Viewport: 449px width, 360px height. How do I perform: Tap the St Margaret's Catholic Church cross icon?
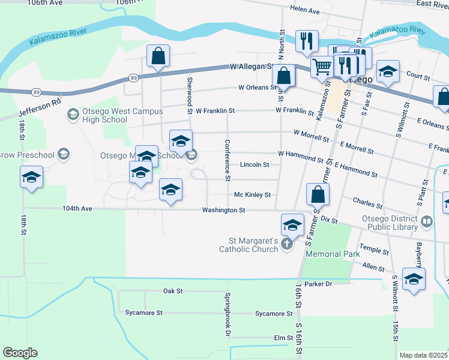287,245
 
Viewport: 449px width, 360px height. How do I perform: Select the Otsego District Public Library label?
388,223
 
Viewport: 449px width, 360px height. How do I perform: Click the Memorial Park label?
333,254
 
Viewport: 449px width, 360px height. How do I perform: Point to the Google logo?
20,353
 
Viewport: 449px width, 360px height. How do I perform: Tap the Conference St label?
227,160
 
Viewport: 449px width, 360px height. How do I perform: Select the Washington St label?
223,210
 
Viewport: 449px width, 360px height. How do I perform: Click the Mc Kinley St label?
253,195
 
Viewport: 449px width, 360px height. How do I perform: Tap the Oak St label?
172,291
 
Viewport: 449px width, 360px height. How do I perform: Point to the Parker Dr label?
318,283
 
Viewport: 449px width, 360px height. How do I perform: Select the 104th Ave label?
77,209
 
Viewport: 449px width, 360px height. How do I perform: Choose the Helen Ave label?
305,10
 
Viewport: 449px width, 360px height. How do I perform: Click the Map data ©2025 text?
423,355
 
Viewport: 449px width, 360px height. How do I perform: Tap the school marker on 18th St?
31,177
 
